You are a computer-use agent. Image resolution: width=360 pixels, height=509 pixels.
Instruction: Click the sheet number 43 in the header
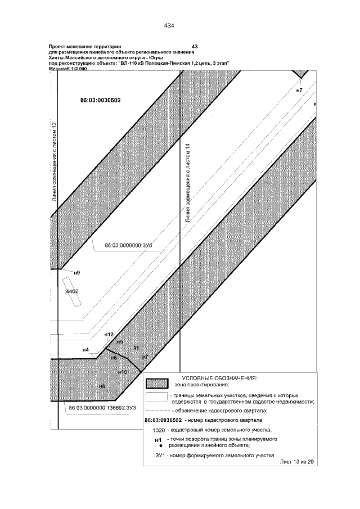195,46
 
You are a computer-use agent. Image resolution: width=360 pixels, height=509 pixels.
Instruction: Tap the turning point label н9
76,272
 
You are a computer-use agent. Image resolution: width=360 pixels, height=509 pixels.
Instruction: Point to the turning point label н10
123,372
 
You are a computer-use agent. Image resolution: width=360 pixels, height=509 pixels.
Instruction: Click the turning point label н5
119,341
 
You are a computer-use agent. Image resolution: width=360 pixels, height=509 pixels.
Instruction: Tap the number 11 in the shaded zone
136,349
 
